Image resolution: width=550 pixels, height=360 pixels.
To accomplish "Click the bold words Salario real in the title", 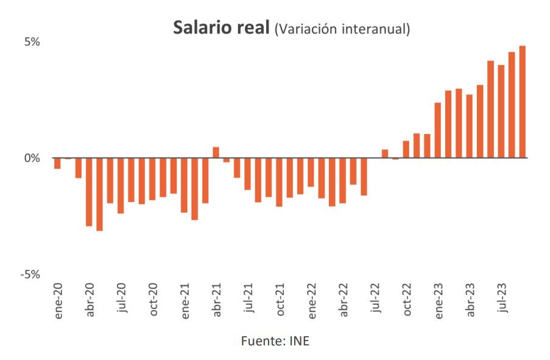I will tap(220, 28).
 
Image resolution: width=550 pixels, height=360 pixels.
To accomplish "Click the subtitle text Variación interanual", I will tap(342, 29).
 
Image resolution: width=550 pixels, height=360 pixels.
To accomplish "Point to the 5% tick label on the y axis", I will tap(32, 42).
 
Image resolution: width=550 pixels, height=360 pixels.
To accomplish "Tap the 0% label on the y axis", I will tap(32, 158).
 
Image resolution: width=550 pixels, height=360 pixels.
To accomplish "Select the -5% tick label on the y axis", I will tap(30, 275).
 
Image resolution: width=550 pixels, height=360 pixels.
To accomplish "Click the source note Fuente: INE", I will tap(275, 341).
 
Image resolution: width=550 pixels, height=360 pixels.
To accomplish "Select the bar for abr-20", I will tap(89, 192).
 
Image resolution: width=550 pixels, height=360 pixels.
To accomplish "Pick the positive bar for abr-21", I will tap(216, 152).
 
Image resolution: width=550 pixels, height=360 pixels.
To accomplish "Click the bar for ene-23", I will tap(437, 130).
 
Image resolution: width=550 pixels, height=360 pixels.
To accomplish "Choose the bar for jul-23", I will tap(501, 111).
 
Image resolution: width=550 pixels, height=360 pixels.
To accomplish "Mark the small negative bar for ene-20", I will tap(57, 163).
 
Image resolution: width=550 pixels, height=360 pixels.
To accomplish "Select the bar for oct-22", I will tap(406, 149).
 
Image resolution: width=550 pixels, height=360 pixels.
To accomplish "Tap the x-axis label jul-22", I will tap(375, 298).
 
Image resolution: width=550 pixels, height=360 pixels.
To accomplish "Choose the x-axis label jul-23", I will tap(502, 298).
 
